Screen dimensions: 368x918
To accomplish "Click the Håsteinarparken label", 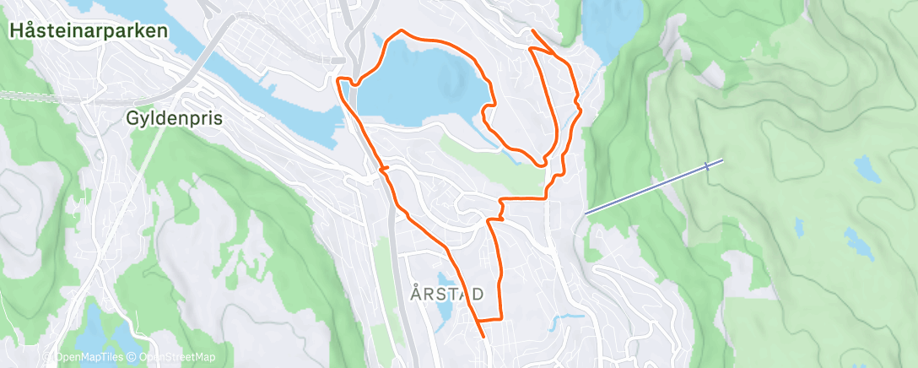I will (x=89, y=31).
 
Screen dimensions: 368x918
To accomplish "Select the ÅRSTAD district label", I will (x=447, y=294).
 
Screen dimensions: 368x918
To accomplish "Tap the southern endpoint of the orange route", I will (x=483, y=336).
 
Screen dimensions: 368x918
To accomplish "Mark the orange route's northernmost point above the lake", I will (x=402, y=30).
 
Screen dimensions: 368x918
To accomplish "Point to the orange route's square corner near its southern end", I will (x=502, y=319).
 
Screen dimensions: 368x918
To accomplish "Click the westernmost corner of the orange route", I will (x=338, y=79).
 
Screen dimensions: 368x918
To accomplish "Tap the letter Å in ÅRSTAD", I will (x=415, y=294).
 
